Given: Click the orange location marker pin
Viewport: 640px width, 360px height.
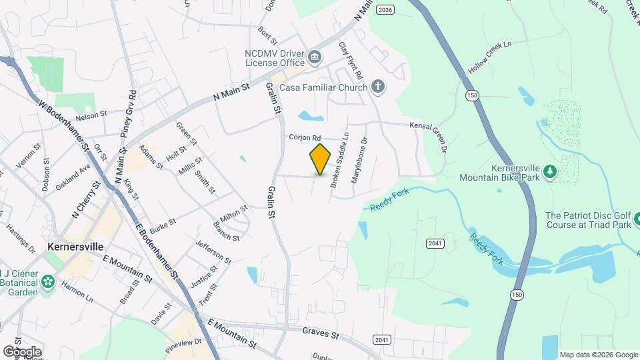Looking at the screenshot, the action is point(321,159).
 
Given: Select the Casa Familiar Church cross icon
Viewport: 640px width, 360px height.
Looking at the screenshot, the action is point(378,87).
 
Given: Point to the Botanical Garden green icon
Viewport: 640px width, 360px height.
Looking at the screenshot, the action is point(47,282).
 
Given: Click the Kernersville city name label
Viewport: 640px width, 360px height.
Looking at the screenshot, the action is point(75,247).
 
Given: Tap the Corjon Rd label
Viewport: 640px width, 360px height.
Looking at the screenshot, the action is point(305,137).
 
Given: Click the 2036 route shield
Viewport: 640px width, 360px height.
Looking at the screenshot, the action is point(385,9).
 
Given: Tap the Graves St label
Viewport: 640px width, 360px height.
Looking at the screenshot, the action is point(321,331).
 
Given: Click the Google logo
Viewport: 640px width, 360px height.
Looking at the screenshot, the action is point(22,351).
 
